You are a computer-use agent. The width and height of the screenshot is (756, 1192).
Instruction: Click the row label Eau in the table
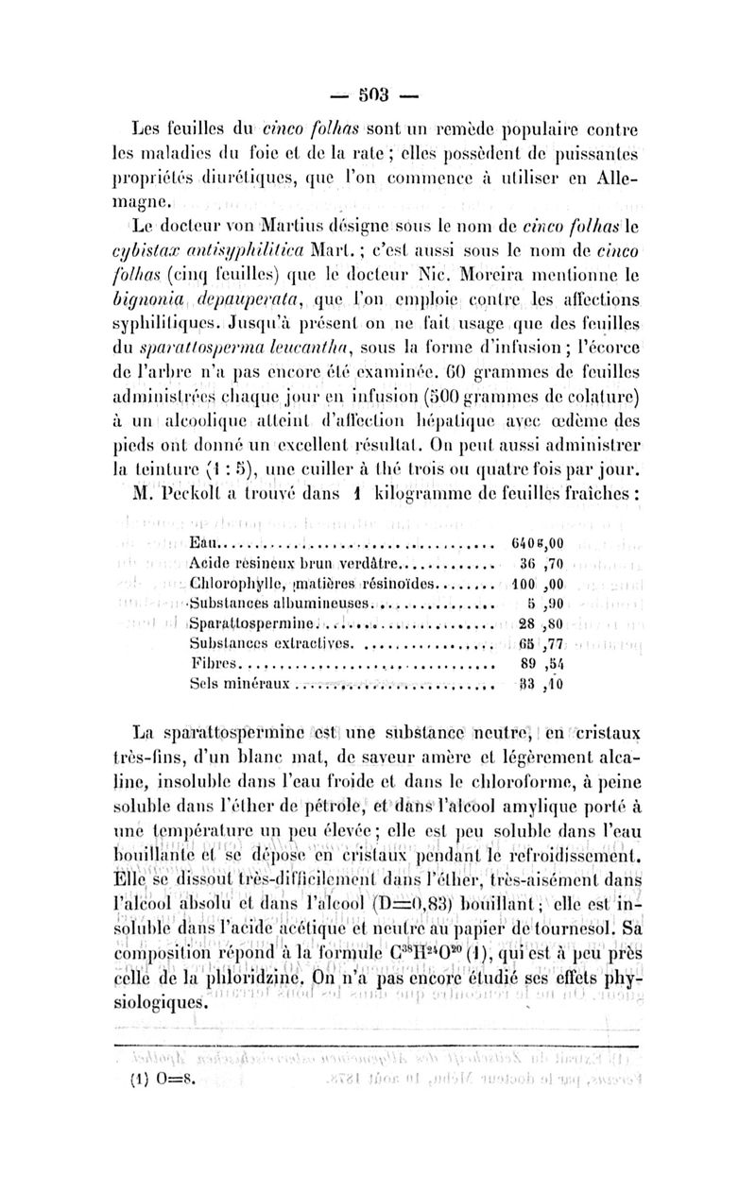[204, 544]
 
